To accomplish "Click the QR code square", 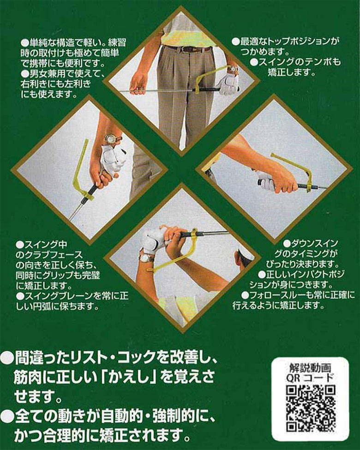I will pos(310,408).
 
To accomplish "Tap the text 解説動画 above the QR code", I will pos(310,369).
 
